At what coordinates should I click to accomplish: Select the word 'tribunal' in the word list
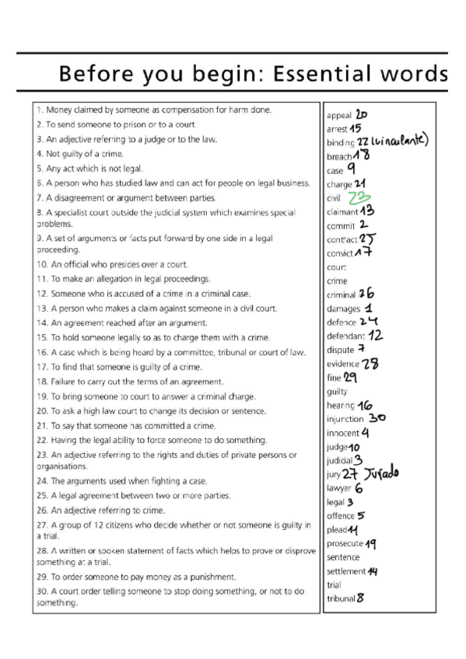(x=341, y=598)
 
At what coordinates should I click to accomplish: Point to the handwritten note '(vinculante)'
(x=399, y=142)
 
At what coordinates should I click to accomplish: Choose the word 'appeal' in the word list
(x=339, y=116)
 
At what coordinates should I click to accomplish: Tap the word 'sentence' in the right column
(x=343, y=557)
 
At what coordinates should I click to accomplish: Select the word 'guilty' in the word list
(x=338, y=392)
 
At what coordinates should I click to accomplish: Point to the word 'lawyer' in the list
(x=339, y=489)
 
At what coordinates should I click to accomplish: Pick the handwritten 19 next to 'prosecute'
(x=371, y=543)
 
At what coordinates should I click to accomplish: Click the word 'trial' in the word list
(x=334, y=585)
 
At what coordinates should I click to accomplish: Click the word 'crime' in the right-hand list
(x=338, y=281)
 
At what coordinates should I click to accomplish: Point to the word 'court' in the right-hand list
(x=337, y=267)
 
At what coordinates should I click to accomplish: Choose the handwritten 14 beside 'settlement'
(x=373, y=571)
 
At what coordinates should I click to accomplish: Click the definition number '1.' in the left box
(x=40, y=110)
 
